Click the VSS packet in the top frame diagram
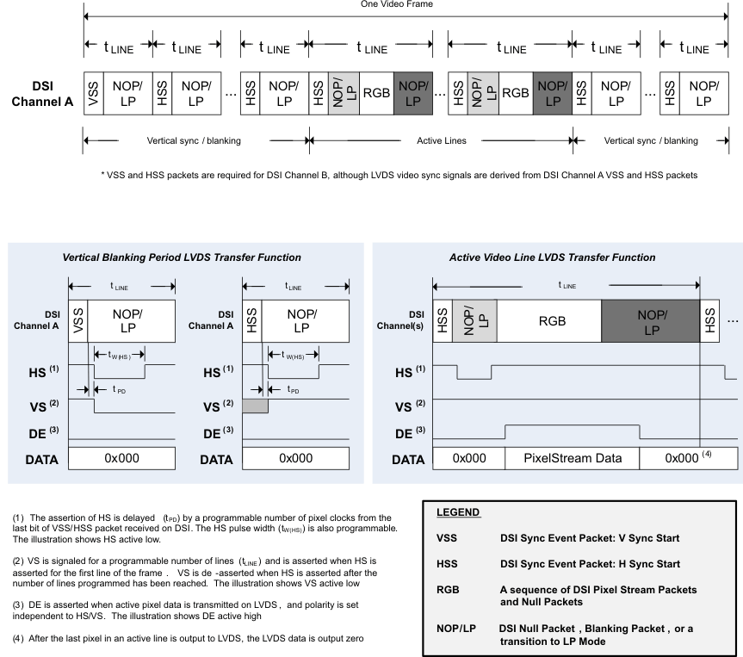(x=93, y=93)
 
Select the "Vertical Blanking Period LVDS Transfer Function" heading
(x=181, y=257)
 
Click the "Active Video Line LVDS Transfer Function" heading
(x=552, y=257)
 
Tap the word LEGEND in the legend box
(x=458, y=511)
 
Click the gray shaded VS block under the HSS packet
(x=256, y=406)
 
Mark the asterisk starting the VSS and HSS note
(x=102, y=175)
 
